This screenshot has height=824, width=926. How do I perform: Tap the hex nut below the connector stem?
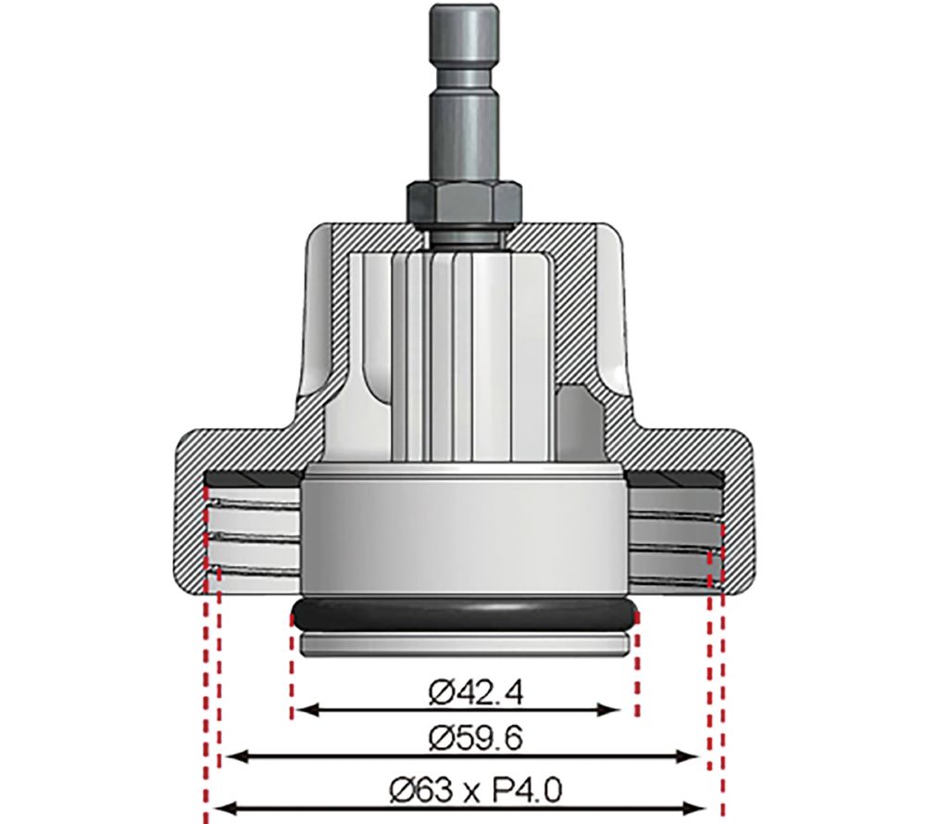click(x=464, y=198)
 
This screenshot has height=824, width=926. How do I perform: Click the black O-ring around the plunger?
click(x=464, y=614)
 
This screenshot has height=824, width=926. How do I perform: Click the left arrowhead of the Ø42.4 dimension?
click(x=302, y=711)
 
